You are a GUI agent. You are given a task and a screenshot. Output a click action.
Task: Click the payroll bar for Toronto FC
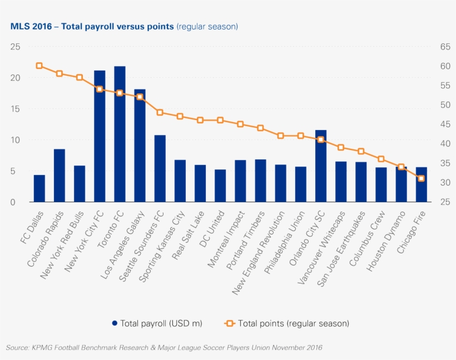tap(120, 134)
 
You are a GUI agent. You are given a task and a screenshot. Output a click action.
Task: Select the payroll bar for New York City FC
tap(100, 136)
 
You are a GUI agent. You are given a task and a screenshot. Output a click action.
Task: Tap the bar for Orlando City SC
tap(321, 166)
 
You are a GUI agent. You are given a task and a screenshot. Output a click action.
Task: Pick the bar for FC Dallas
tap(39, 188)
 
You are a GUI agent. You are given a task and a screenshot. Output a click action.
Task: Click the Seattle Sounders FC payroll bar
tap(160, 168)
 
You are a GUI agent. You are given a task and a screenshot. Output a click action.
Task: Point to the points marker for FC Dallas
tap(39, 66)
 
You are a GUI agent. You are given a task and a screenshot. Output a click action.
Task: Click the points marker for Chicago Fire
tap(422, 178)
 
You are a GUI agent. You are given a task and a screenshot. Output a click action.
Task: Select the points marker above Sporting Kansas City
tap(180, 116)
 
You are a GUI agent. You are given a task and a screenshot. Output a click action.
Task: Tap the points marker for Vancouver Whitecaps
tap(341, 147)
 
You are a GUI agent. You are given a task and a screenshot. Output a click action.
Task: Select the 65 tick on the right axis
tap(444, 47)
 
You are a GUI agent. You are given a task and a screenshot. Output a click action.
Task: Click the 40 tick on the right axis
tap(444, 144)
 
